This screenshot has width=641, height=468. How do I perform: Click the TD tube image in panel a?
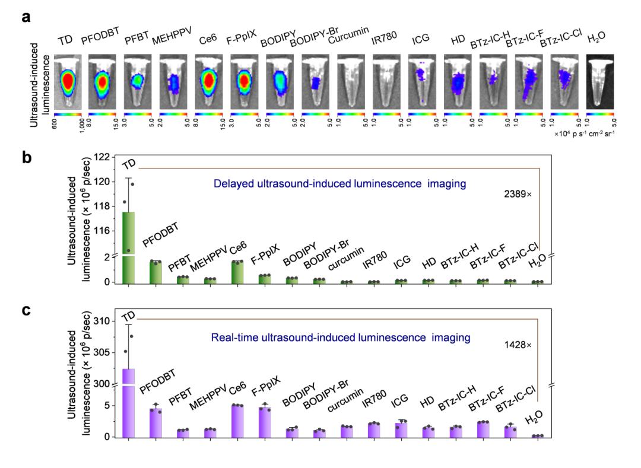(68, 81)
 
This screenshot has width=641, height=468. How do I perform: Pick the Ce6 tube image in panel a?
(210, 81)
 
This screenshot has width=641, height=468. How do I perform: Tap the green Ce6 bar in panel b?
(237, 271)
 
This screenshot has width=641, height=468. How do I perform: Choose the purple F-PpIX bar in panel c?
(265, 422)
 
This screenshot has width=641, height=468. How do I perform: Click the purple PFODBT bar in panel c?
(156, 423)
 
